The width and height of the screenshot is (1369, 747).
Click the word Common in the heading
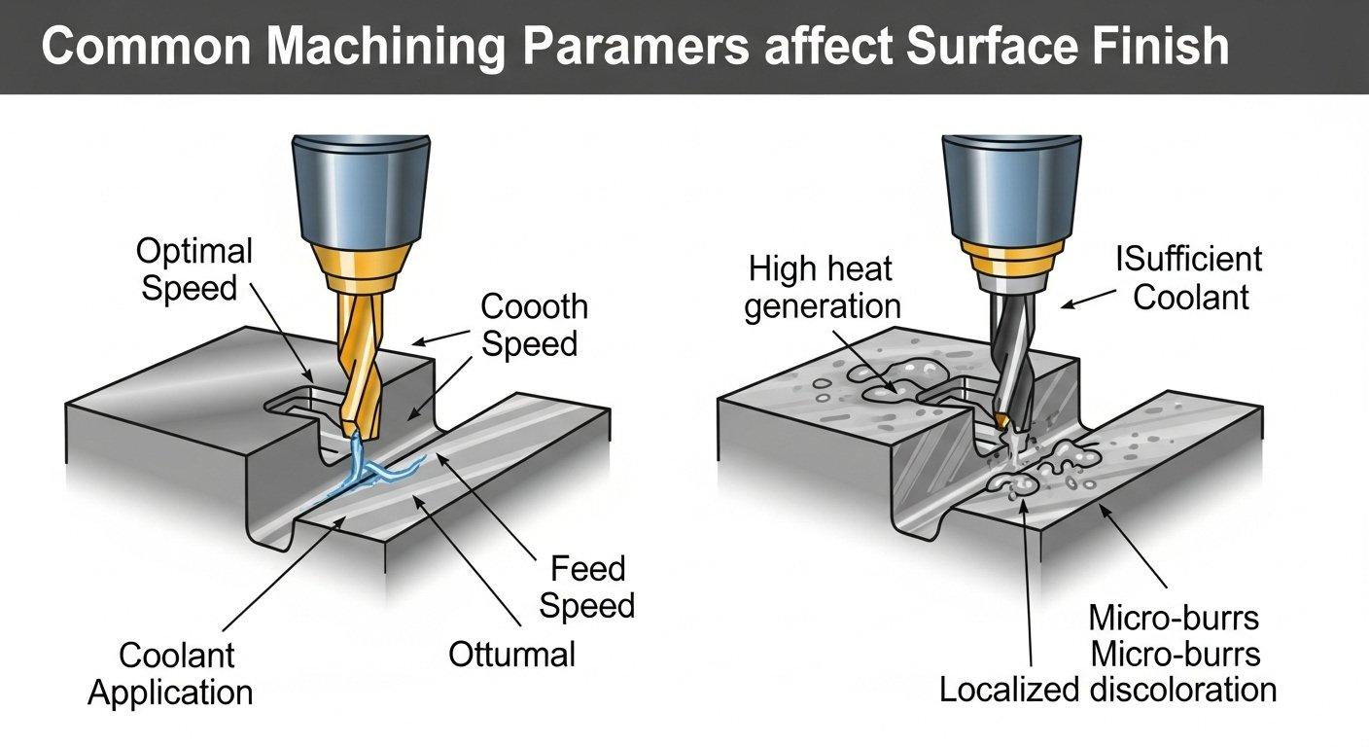pyautogui.click(x=147, y=48)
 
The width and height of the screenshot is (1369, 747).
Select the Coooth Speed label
pyautogui.click(x=534, y=325)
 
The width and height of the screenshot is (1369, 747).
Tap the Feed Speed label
pyautogui.click(x=586, y=587)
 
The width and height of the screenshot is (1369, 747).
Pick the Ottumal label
pyautogui.click(x=511, y=654)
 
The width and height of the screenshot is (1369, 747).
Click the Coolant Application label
pyautogui.click(x=170, y=673)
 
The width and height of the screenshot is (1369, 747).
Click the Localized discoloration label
pyautogui.click(x=1107, y=690)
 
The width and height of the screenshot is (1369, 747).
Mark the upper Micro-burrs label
pyautogui.click(x=1174, y=618)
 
